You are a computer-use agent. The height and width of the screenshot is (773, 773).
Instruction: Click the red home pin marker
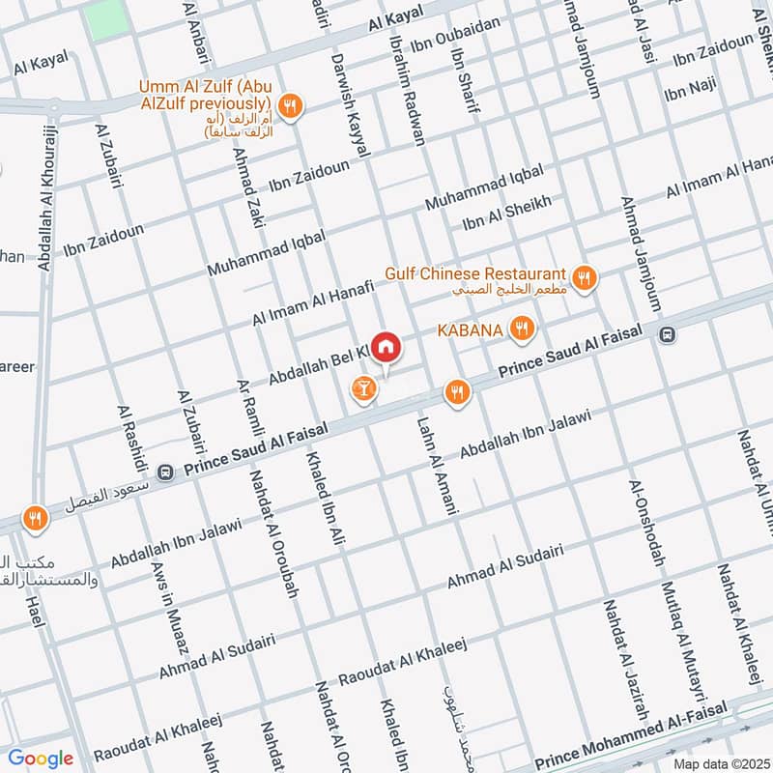pyautogui.click(x=386, y=347)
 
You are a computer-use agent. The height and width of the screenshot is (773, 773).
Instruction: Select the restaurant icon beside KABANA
pyautogui.click(x=522, y=329)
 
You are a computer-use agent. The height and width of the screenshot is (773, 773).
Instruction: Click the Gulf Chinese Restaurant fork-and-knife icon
pyautogui.click(x=583, y=279)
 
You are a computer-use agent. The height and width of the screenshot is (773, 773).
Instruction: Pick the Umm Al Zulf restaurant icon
pyautogui.click(x=288, y=104)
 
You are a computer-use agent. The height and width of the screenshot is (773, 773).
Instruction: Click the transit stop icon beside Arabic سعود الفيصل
pyautogui.click(x=165, y=472)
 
